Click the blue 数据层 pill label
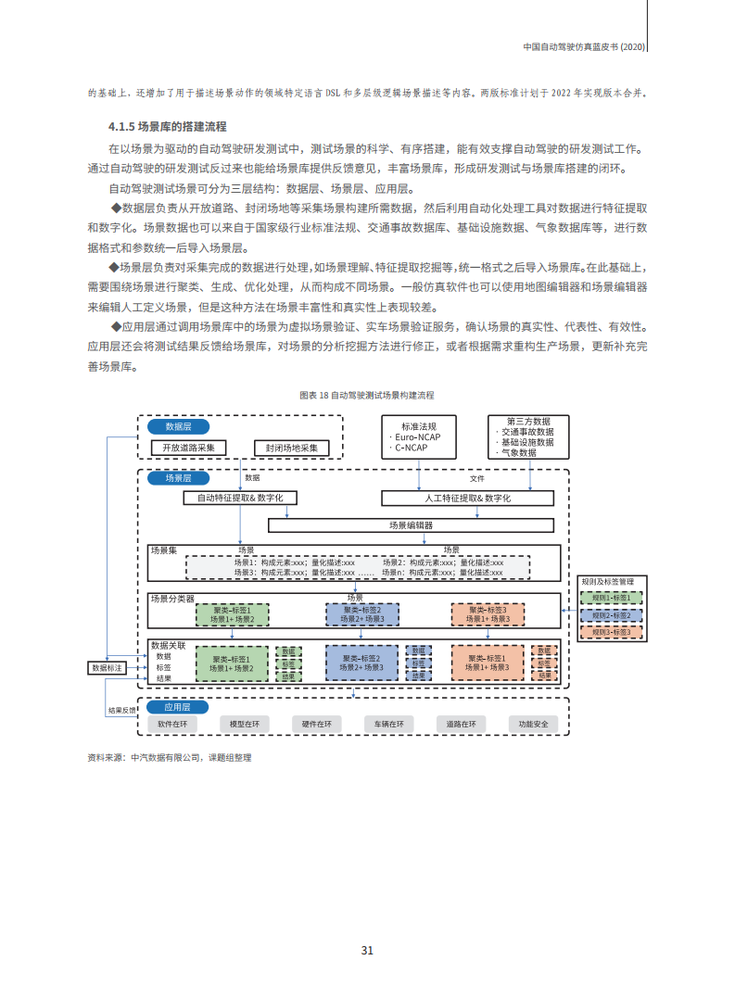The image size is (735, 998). click(178, 426)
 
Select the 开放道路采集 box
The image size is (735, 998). click(188, 448)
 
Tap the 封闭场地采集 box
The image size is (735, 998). click(292, 448)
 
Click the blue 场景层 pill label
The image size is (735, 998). click(178, 478)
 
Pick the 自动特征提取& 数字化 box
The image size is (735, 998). click(240, 498)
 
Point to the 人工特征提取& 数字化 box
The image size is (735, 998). click(468, 498)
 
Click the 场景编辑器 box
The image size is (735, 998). click(411, 524)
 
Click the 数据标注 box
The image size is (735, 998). click(107, 667)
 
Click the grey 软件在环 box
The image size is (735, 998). click(173, 724)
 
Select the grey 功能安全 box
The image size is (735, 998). click(533, 724)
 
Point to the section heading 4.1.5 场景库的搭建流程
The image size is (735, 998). click(168, 126)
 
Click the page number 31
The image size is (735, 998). click(367, 950)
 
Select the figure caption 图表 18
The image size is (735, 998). click(367, 395)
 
